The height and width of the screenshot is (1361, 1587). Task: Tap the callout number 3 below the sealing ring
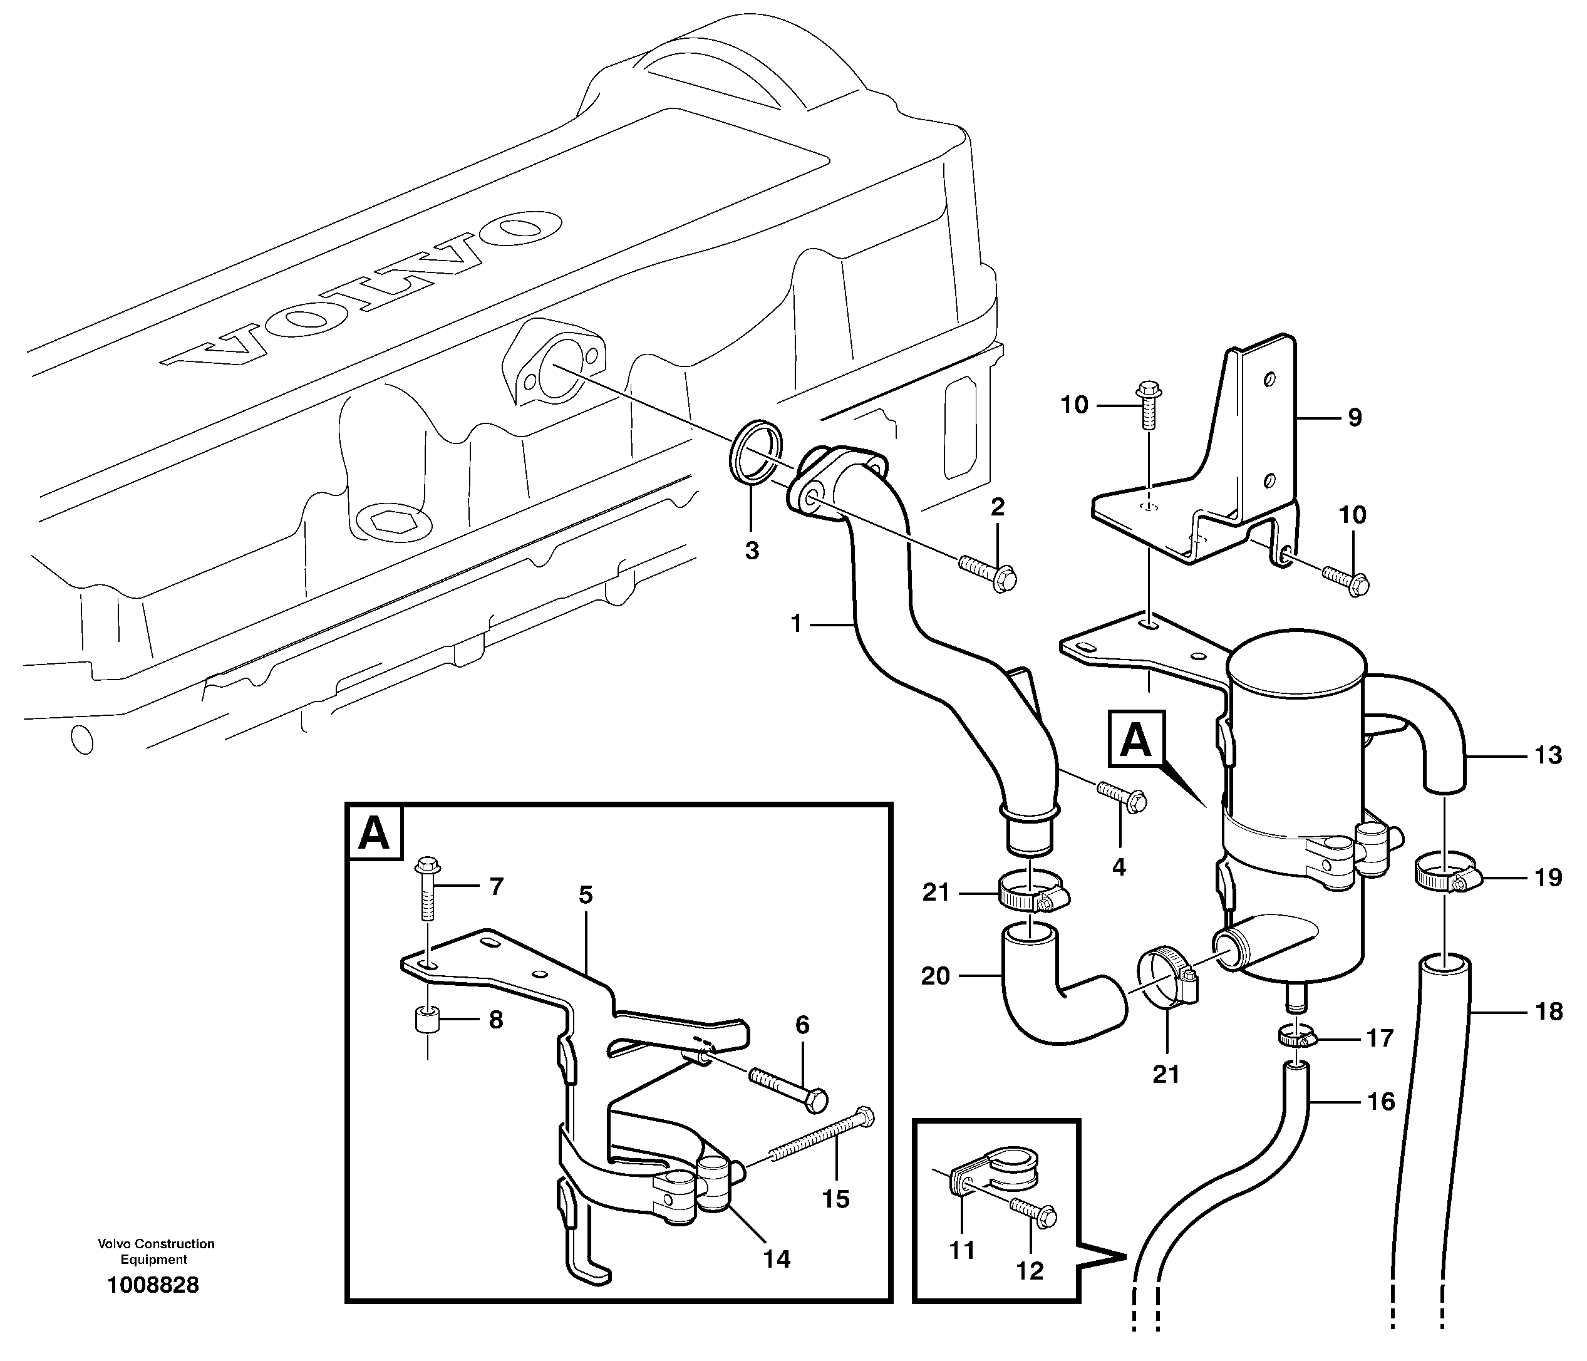(752, 549)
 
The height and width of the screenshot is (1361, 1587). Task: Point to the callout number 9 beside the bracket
(1354, 417)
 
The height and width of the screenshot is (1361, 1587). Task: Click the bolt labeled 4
(1122, 796)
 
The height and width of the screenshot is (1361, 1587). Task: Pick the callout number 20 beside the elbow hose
(934, 976)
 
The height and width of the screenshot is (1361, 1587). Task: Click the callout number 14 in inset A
(776, 1258)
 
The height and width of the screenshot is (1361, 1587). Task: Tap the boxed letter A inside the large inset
(374, 833)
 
